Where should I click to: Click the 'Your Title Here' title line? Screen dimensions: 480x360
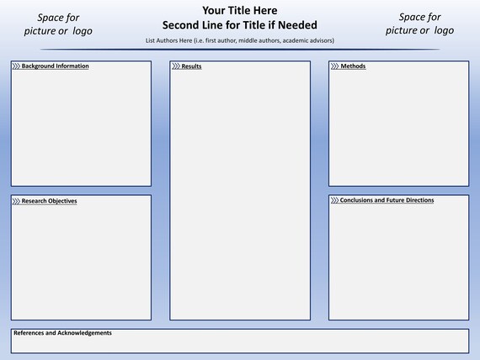pos(240,11)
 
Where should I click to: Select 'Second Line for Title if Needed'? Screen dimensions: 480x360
pos(240,25)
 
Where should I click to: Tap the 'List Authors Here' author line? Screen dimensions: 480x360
pos(240,40)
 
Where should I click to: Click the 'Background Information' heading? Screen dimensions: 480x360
pos(55,66)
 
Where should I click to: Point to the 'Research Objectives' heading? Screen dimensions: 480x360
pos(49,201)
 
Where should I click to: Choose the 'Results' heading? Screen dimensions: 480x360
pos(191,66)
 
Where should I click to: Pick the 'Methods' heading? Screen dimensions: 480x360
pos(353,66)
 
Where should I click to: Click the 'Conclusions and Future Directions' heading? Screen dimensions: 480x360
pos(387,200)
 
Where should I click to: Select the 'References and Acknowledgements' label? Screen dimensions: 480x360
pos(62,333)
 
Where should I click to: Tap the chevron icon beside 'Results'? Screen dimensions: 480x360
pos(176,66)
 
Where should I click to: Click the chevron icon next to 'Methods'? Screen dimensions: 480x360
pos(335,66)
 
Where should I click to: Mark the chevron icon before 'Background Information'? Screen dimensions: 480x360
pos(16,66)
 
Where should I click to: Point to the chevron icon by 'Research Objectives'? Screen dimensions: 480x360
pos(16,201)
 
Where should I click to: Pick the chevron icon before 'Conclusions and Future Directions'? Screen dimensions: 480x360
pos(334,200)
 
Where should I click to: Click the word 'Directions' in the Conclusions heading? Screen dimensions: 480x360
pos(420,200)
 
